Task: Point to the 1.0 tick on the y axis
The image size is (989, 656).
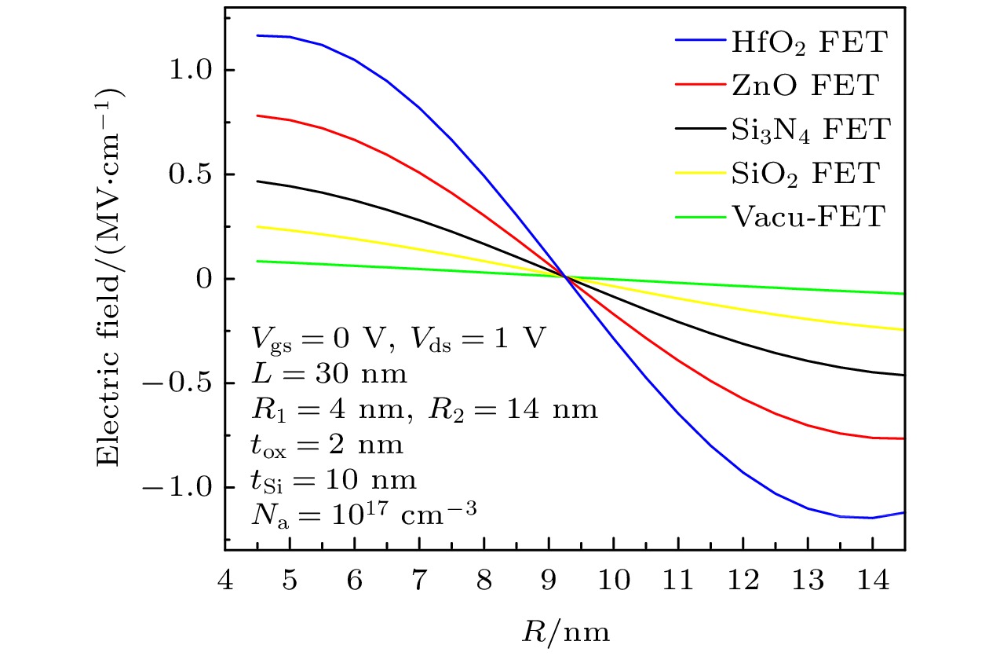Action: click(187, 71)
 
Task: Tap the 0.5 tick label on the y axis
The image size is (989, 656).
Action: click(187, 175)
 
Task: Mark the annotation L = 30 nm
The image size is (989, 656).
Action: click(330, 372)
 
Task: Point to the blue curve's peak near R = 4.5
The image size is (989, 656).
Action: click(259, 35)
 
